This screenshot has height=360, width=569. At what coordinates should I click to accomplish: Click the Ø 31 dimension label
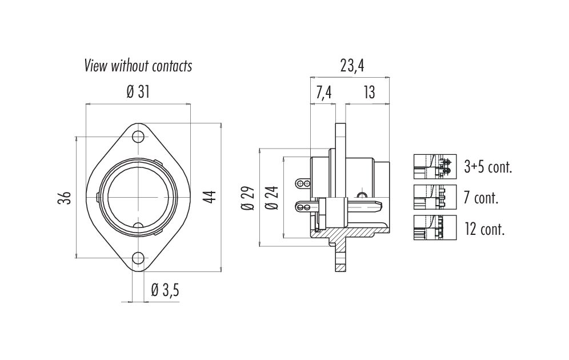point(138,92)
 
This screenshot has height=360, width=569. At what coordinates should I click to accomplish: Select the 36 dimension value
point(65,198)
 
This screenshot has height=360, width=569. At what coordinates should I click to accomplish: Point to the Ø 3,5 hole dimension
point(165,290)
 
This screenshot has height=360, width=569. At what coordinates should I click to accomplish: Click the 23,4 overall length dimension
point(352,66)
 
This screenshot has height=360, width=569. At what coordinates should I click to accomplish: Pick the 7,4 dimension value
point(324,93)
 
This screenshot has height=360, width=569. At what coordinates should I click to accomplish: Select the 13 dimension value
point(369,93)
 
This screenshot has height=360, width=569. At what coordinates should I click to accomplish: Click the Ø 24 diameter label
point(272,198)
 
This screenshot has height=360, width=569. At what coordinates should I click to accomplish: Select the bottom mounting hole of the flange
point(138,258)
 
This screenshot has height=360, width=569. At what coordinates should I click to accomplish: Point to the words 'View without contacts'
point(138,66)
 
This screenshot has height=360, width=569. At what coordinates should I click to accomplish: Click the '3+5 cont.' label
point(488,167)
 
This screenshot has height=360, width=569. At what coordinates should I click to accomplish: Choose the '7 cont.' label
point(481,198)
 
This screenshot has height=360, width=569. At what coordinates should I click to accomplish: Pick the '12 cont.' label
point(484,229)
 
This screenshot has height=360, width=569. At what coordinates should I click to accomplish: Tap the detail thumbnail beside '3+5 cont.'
point(435,167)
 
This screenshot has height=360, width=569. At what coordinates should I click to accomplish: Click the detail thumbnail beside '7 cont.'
point(435,197)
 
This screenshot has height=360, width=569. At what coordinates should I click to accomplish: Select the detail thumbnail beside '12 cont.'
point(435,227)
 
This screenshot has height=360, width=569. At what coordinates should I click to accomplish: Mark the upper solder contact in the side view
point(303,183)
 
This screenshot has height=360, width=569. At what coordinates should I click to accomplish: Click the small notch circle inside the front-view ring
point(138,226)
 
